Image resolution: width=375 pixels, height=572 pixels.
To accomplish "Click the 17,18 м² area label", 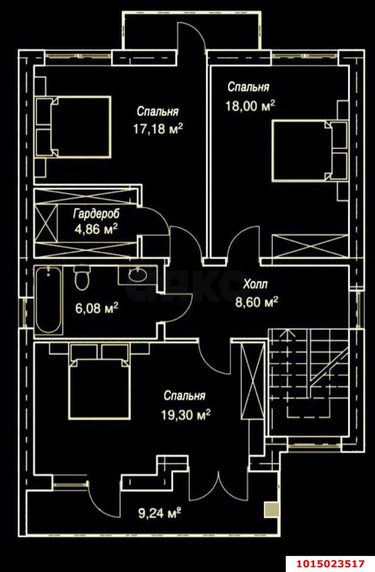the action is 158,129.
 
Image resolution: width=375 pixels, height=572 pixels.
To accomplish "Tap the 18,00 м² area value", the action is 250,105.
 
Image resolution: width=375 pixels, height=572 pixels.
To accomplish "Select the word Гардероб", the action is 96,214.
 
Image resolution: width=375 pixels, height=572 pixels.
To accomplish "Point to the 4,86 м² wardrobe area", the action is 96,229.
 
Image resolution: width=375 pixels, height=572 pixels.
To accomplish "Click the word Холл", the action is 255,284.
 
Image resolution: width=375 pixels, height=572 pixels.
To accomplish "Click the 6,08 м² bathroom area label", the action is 97,308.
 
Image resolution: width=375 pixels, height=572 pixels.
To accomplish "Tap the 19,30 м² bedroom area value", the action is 186,415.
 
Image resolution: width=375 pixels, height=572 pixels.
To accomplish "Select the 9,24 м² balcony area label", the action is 160,513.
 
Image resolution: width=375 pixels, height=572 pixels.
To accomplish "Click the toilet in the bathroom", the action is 82,278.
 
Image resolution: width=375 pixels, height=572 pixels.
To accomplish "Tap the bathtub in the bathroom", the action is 49,300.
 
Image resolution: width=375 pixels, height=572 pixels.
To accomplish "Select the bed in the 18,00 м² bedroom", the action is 310,151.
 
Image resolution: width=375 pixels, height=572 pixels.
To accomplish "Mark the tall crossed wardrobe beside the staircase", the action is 253,381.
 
